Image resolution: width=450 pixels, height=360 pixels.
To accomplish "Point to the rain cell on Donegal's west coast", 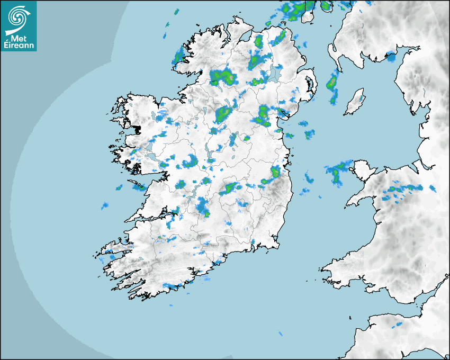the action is pyautogui.click(x=178, y=56).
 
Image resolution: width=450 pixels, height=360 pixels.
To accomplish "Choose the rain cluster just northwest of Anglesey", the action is pyautogui.click(x=337, y=172).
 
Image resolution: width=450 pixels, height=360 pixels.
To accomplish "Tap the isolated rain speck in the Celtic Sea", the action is pyautogui.click(x=281, y=334).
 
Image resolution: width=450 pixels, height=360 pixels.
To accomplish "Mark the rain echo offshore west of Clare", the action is pyautogui.click(x=105, y=205).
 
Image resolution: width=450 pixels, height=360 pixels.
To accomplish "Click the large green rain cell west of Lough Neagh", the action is pyautogui.click(x=222, y=77).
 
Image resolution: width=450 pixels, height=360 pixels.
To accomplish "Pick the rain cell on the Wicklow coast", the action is pyautogui.click(x=275, y=172).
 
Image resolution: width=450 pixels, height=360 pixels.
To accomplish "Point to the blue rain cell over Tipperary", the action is pyautogui.click(x=203, y=206).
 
